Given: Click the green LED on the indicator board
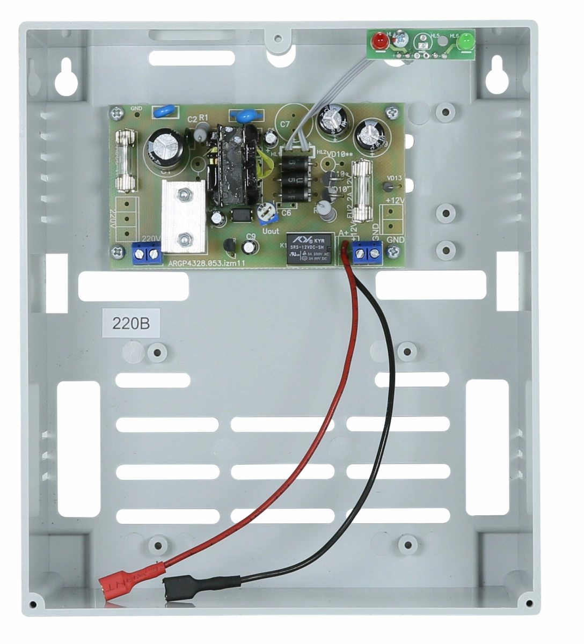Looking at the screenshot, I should (465, 41).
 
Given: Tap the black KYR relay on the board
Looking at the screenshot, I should (308, 248).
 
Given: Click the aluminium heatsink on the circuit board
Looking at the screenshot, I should (184, 216).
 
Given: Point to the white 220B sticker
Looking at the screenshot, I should (130, 324).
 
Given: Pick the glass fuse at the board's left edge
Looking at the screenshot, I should (125, 160).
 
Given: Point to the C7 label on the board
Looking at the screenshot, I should (285, 126).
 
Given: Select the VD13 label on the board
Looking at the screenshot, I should (394, 178).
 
